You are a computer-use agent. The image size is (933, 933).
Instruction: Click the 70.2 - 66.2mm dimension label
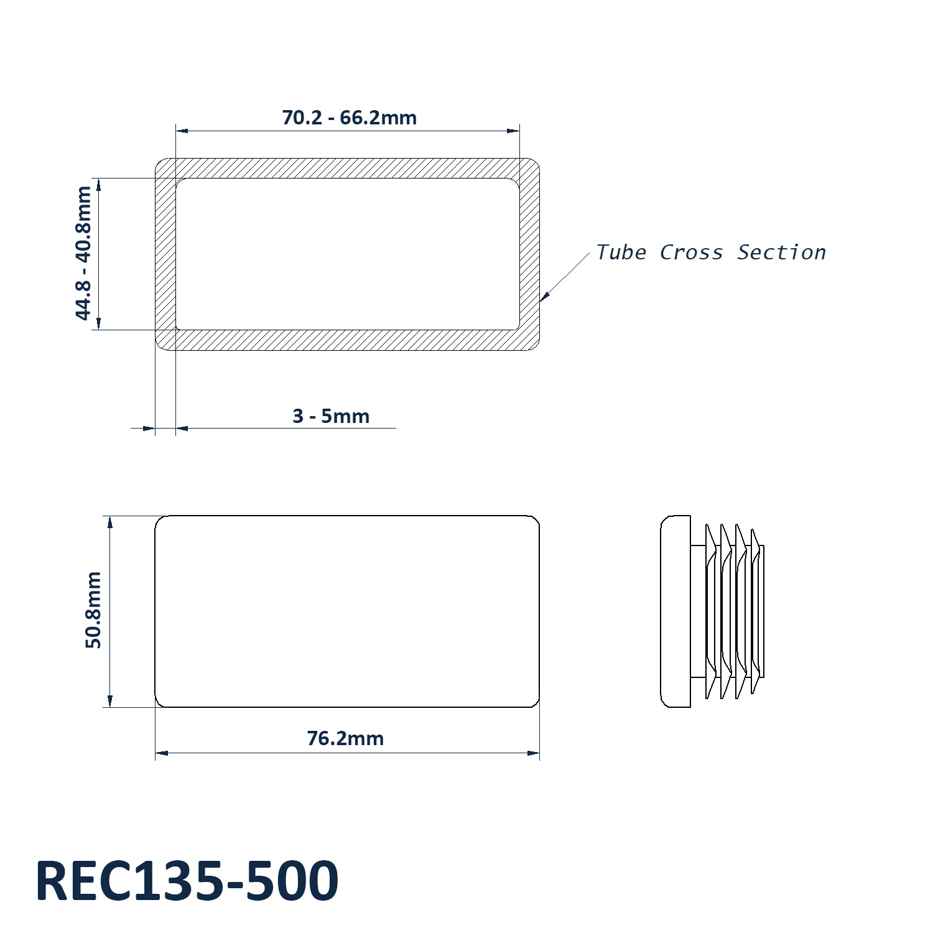click(x=349, y=117)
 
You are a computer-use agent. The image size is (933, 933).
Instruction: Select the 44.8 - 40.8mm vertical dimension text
click(x=83, y=253)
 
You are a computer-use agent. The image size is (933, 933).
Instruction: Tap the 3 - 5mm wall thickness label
click(x=331, y=415)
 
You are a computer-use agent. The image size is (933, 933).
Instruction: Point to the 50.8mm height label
click(x=93, y=610)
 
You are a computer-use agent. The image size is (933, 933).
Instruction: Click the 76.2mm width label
click(x=345, y=738)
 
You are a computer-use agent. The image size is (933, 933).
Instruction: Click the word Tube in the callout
click(x=621, y=252)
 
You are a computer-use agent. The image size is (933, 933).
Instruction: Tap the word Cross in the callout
click(x=691, y=252)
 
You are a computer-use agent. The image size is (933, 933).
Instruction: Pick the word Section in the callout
click(x=781, y=252)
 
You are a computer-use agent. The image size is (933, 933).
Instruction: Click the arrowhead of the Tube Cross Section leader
click(x=544, y=297)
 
